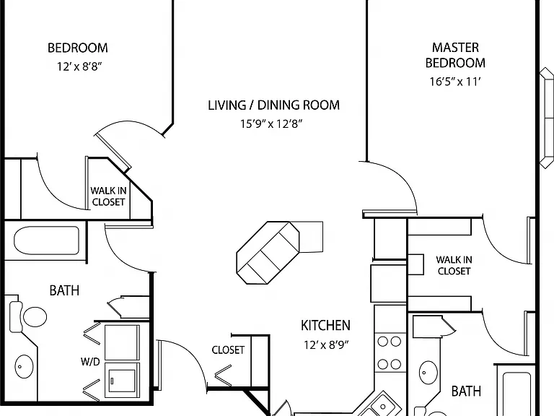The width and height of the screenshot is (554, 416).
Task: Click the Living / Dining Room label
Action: pyautogui.click(x=273, y=105)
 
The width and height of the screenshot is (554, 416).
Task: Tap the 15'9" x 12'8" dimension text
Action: pyautogui.click(x=271, y=123)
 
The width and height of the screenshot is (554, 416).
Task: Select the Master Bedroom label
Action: pyautogui.click(x=455, y=55)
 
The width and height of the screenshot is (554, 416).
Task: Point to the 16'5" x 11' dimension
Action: pyautogui.click(x=455, y=82)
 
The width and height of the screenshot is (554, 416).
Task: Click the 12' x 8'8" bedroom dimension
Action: pyautogui.click(x=79, y=66)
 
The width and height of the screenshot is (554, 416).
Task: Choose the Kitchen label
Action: pyautogui.click(x=325, y=326)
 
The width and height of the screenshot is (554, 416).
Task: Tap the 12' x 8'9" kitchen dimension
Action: pyautogui.click(x=326, y=344)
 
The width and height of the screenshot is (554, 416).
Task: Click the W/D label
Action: pyautogui.click(x=90, y=362)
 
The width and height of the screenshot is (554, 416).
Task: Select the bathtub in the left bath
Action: pyautogui.click(x=46, y=240)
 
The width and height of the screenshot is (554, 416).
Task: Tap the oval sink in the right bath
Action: pyautogui.click(x=428, y=372)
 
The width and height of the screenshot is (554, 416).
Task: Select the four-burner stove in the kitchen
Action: pyautogui.click(x=390, y=352)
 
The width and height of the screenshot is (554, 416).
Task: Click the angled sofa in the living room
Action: pyautogui.click(x=268, y=253)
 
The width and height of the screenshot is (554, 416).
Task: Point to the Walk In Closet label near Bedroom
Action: pyautogui.click(x=108, y=196)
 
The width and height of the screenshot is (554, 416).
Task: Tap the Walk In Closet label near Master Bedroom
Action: pyautogui.click(x=454, y=265)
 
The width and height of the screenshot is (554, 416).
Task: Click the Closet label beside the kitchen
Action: pyautogui.click(x=228, y=350)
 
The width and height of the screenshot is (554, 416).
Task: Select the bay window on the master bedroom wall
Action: pyautogui.click(x=547, y=118)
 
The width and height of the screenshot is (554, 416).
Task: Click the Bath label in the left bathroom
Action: pyautogui.click(x=64, y=290)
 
